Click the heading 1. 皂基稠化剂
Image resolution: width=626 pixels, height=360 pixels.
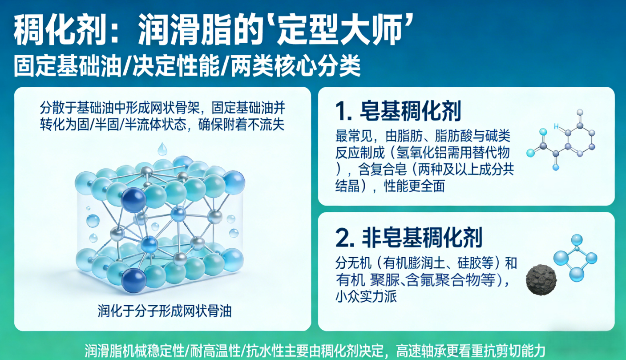[x=398, y=111]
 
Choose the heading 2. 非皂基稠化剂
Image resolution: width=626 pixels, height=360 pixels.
[x=409, y=238]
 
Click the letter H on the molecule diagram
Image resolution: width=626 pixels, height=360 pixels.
[x=556, y=127]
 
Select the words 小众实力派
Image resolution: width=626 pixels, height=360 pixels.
[x=366, y=297]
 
